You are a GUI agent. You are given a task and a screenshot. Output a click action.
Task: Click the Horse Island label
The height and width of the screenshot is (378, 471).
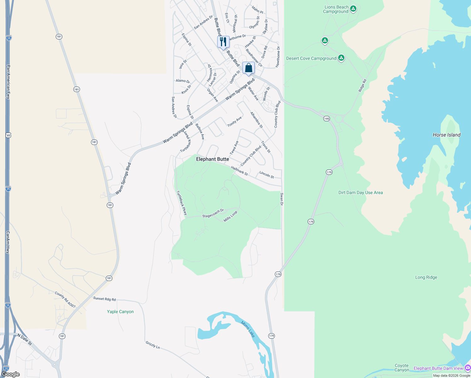point(446,135)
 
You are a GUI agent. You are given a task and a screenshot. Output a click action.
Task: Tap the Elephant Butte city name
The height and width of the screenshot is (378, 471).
point(213,159)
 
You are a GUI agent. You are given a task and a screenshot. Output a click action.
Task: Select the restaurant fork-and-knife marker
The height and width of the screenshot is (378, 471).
point(223,42)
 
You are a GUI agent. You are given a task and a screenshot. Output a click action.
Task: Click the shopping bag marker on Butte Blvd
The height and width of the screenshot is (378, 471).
point(248,68)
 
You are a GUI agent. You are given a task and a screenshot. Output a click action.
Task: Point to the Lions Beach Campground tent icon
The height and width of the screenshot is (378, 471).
point(353,9)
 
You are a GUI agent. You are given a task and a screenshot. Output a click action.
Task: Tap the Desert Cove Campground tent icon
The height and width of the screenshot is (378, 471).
point(341,58)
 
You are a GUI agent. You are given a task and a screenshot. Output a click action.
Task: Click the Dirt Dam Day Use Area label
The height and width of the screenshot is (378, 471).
point(360,192)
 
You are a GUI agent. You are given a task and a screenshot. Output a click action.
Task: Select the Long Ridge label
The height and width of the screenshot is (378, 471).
point(426,277)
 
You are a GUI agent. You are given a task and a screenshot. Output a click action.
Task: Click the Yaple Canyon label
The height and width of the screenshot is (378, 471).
point(120,312)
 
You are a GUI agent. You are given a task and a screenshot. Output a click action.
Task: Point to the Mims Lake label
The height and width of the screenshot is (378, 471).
point(248,329)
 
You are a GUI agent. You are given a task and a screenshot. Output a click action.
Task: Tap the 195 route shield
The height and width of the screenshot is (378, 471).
point(326,119)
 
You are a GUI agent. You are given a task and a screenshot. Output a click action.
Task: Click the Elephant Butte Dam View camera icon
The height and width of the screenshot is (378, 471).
point(467,368)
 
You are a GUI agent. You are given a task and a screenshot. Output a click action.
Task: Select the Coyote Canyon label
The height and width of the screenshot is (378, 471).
point(402,368)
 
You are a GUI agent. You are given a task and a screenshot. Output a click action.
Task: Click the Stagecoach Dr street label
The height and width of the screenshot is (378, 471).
point(213,213)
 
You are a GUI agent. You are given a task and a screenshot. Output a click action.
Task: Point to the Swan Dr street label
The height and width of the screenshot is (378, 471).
point(282,199)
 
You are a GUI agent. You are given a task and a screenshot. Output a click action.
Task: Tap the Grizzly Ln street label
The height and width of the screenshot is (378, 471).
point(153,345)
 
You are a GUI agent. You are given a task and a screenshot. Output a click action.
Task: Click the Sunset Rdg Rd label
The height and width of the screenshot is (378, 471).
point(105,299)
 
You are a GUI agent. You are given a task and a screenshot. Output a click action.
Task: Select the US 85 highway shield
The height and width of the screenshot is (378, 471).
point(8,135)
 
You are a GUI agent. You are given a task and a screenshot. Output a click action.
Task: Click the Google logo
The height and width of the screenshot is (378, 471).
point(11,374)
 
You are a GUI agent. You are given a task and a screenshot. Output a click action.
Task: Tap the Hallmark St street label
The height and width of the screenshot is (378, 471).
point(239,171)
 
